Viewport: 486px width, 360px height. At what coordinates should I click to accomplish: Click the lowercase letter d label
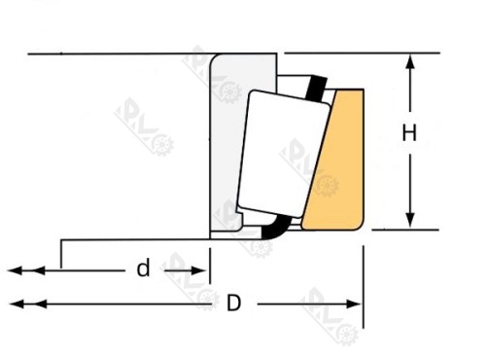point(143,269)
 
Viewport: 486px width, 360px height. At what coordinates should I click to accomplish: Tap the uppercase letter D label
point(233,304)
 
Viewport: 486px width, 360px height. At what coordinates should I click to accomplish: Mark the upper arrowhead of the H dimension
point(412,61)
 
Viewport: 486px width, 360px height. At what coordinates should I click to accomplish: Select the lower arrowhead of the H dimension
point(412,222)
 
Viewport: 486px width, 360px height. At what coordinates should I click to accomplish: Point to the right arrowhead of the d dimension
point(203,269)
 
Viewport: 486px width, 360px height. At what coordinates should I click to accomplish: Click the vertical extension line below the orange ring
point(362,282)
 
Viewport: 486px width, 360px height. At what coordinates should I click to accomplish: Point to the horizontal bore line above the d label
point(136,237)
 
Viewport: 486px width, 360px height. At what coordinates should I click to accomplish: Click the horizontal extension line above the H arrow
point(389,53)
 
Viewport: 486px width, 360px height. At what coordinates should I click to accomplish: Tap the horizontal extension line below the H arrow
point(399,231)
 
